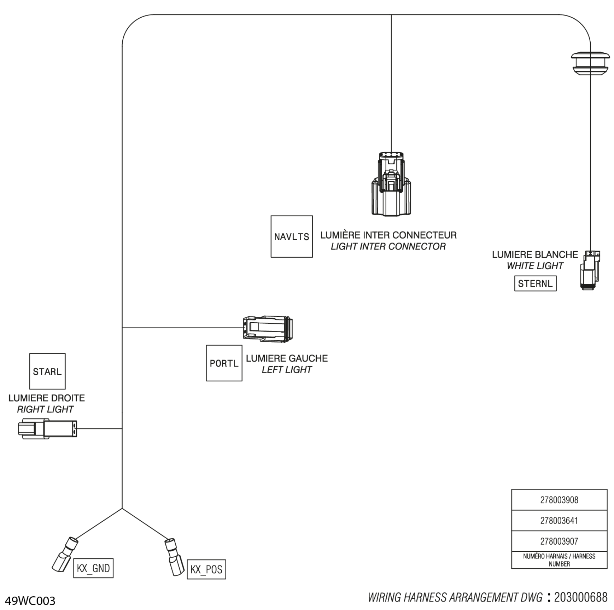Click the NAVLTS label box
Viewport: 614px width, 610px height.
pyautogui.click(x=292, y=236)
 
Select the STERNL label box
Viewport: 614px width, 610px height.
pyautogui.click(x=535, y=283)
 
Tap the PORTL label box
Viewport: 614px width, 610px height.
pyautogui.click(x=224, y=363)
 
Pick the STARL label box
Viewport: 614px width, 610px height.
pyautogui.click(x=47, y=371)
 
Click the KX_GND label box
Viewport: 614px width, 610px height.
pyautogui.click(x=93, y=568)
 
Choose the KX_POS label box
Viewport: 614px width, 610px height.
pyautogui.click(x=206, y=569)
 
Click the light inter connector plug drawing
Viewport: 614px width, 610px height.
pyautogui.click(x=391, y=184)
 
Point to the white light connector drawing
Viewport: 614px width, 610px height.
pyautogui.click(x=590, y=270)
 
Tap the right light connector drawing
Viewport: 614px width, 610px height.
pyautogui.click(x=47, y=428)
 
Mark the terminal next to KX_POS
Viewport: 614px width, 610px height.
pyautogui.click(x=174, y=557)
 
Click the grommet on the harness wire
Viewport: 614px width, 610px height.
pyautogui.click(x=590, y=63)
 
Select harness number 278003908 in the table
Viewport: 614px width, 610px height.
pyautogui.click(x=559, y=500)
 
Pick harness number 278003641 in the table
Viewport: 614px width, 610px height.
pyautogui.click(x=559, y=521)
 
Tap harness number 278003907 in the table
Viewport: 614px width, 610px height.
pyautogui.click(x=559, y=541)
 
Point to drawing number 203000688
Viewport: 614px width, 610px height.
pyautogui.click(x=581, y=597)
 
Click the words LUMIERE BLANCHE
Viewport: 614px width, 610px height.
pyautogui.click(x=535, y=254)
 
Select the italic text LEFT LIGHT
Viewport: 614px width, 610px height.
pyautogui.click(x=287, y=370)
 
